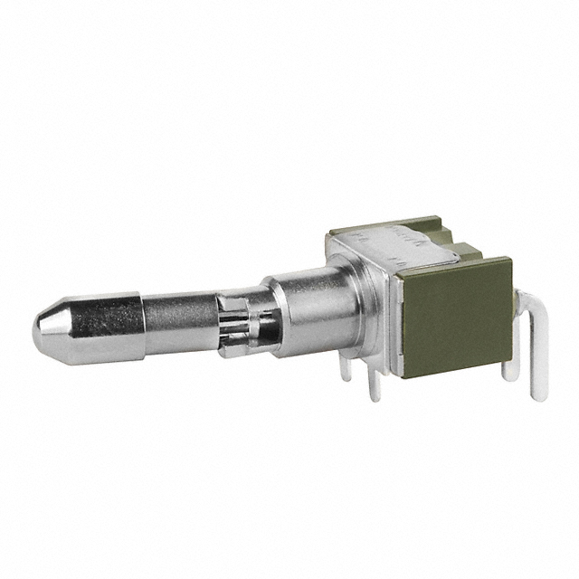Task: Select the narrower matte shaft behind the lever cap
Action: [x=181, y=317]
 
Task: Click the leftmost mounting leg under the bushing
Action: [x=346, y=366]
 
